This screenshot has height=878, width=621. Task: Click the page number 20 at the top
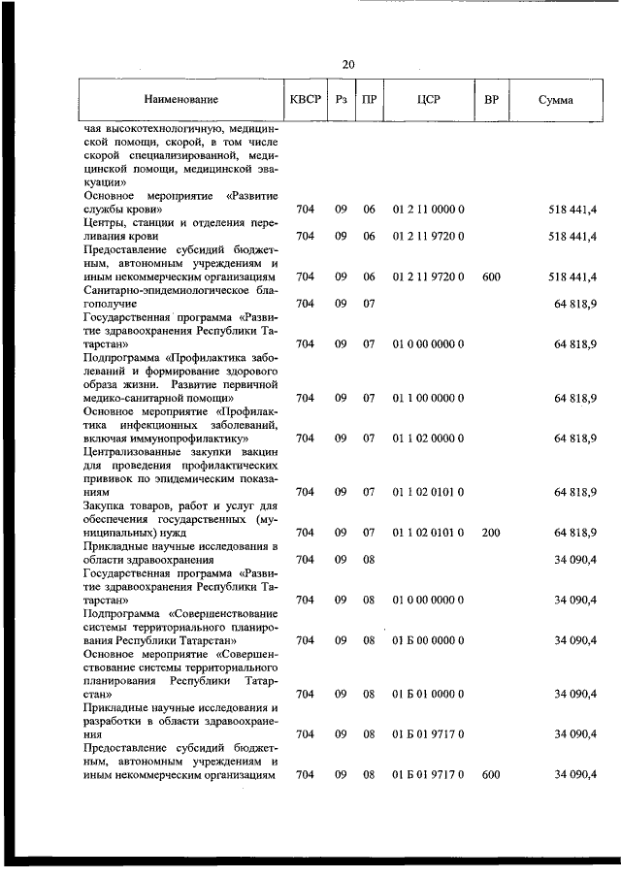[x=348, y=64]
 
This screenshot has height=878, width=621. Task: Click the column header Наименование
[x=181, y=100]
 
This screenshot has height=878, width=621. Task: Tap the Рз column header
[x=341, y=100]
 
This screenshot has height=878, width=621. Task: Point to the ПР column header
[x=369, y=100]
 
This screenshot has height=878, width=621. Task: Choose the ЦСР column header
[x=428, y=100]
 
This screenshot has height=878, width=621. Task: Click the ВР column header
[x=491, y=100]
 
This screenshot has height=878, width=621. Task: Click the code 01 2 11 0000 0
[x=428, y=209]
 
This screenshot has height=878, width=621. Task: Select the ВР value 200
[x=490, y=533]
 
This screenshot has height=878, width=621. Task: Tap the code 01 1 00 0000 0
[x=428, y=398]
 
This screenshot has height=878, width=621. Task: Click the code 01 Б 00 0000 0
[x=428, y=640]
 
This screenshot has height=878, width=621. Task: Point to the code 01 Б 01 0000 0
[x=428, y=694]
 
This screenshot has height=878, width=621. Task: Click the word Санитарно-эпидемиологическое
[x=147, y=290]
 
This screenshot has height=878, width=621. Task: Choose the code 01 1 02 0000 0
[x=428, y=439]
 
